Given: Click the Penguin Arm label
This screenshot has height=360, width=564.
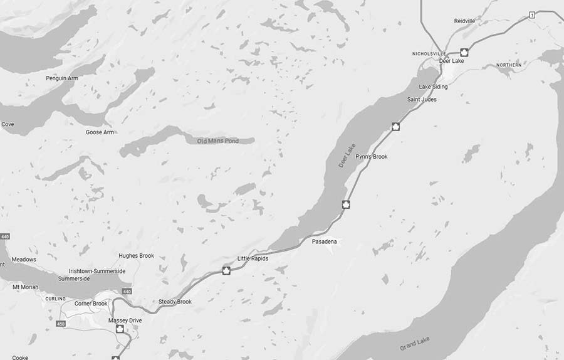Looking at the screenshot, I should coord(61,78).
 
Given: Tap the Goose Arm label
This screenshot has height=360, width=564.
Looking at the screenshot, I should coord(100,132).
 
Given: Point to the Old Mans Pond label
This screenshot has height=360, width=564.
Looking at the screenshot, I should coord(218,141).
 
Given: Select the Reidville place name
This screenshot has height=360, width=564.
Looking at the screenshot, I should coord(464,21).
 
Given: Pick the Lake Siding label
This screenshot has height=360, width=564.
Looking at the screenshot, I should coord(433,87).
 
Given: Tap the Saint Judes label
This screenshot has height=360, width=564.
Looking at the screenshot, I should coord(422,99).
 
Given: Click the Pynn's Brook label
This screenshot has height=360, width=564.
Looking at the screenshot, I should coord(372,156).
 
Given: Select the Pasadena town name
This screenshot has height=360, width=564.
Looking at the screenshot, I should coord(324,241).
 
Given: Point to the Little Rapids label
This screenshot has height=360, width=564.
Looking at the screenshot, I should coord(253,258).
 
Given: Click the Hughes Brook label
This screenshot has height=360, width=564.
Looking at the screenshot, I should coord(136,256).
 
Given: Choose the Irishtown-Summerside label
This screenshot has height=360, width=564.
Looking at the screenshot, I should coord(97,271).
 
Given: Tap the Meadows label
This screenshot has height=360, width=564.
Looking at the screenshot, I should coord(24,259).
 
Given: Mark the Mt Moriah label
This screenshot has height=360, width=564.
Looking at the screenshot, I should coord(26,287).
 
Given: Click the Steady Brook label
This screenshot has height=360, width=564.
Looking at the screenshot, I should coord(175,302).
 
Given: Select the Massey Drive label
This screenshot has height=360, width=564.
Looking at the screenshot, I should coord(125,320).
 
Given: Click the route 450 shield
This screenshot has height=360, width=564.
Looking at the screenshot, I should coord(60,324).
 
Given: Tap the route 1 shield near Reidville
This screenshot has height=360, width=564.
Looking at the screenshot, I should coord(531,14).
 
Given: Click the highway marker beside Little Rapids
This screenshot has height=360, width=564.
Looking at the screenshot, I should coord(227,270).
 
